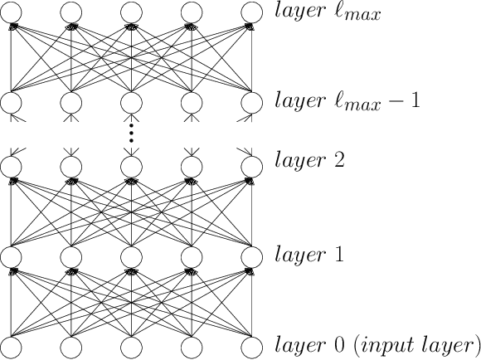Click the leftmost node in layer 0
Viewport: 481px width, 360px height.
[x=11, y=346]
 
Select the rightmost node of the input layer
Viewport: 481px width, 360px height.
[x=250, y=346]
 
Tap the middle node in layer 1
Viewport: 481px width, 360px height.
[x=131, y=255]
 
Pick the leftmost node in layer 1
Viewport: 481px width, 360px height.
[x=11, y=255]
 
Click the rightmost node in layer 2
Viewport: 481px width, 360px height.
[x=250, y=165]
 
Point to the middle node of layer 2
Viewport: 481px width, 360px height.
[x=131, y=165]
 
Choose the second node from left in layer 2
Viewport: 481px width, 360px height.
[x=71, y=165]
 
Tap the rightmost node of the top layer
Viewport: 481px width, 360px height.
[x=250, y=12]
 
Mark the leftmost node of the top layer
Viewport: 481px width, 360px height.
[x=11, y=12]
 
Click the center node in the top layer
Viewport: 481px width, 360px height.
[x=131, y=12]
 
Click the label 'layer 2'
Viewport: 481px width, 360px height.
[x=304, y=159]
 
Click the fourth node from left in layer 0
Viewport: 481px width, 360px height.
[x=191, y=346]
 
